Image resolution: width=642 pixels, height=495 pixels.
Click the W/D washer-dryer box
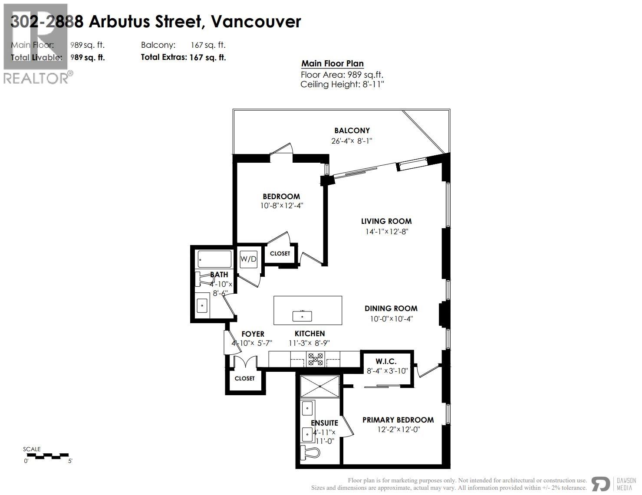tap(249, 259)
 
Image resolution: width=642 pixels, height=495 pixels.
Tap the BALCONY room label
tap(352, 131)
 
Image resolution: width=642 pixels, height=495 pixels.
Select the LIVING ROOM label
tap(386, 221)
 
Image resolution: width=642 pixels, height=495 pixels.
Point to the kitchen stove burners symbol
tap(316, 359)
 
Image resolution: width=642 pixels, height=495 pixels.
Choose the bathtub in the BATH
tap(214, 259)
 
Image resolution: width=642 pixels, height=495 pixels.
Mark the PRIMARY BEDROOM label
tap(398, 420)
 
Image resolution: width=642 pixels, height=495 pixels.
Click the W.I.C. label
tap(386, 361)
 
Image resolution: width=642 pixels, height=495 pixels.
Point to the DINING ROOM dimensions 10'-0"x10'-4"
tap(391, 319)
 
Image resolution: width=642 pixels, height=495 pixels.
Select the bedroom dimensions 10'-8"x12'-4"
tap(281, 206)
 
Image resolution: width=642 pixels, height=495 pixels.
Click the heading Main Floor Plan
tap(333, 64)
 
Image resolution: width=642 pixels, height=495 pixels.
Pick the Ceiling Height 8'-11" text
tap(342, 85)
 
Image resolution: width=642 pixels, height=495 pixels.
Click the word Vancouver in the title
tap(256, 21)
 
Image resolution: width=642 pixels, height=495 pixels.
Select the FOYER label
tap(253, 334)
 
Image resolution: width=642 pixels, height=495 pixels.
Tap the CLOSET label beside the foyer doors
tap(245, 378)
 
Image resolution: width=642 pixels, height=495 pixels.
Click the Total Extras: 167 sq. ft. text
tap(183, 57)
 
